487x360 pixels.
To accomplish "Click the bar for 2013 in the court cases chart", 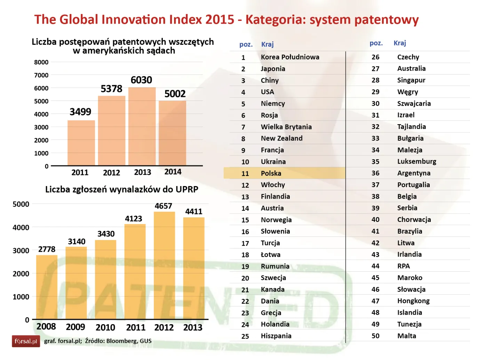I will coord(142,127).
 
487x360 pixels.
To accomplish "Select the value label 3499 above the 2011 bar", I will coord(80,112).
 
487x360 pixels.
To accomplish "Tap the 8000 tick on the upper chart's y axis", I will coord(41,62).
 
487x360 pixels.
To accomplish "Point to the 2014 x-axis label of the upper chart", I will coord(173,172).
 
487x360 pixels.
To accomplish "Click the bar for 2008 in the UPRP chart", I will coord(47,287).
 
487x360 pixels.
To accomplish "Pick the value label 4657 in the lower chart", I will coord(163,206).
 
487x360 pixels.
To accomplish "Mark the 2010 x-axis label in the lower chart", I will coord(105,327).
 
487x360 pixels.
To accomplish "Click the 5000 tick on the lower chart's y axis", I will coord(21,204).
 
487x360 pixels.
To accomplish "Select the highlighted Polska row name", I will coord(271,173).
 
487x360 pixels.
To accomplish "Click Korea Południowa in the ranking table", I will coord(290,57).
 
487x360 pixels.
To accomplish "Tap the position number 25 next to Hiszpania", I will coord(245,336).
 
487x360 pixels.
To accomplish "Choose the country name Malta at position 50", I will coord(407,336).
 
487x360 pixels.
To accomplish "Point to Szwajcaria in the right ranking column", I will coord(414,104).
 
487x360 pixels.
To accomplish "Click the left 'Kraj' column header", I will coord(268,44).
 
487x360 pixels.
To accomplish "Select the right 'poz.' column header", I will coord(376,43).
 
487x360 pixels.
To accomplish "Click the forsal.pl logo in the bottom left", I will coord(26,341).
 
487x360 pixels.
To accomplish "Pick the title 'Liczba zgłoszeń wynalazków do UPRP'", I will coord(122,190).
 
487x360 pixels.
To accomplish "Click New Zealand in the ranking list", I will coord(281,138).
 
